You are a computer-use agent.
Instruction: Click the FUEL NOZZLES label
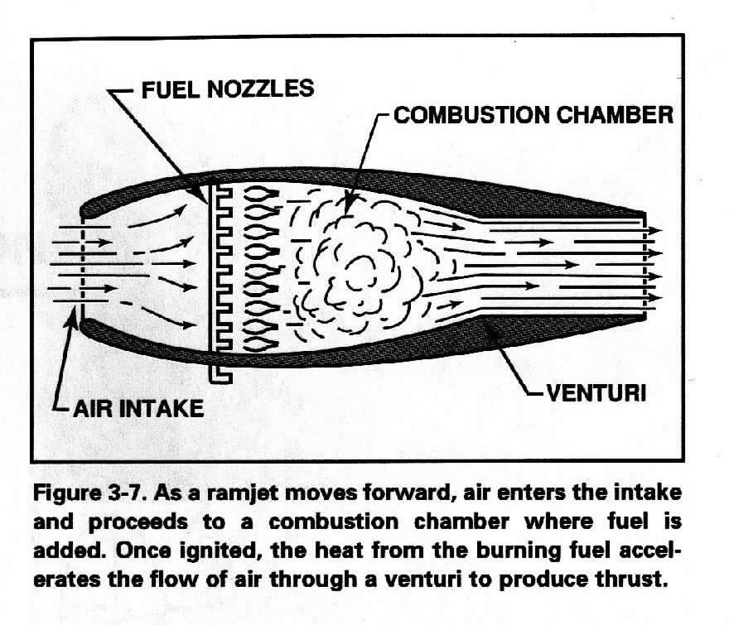(x=227, y=89)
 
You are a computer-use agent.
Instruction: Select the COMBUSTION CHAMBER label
(x=533, y=115)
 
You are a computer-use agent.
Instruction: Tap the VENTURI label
(x=596, y=393)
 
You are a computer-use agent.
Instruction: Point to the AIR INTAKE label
(x=138, y=408)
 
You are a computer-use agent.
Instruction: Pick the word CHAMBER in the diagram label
(x=615, y=115)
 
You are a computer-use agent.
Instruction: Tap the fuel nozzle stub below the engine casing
(x=220, y=374)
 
